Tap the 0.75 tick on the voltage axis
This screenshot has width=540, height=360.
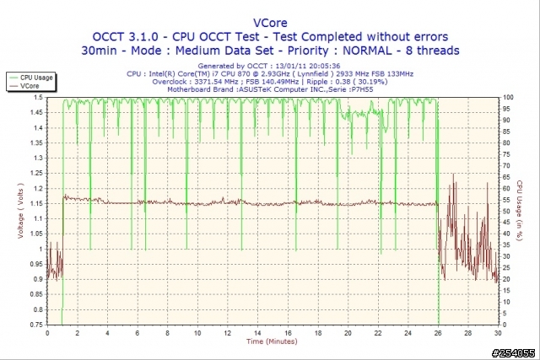coord(37,324)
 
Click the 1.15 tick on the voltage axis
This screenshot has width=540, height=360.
coord(37,203)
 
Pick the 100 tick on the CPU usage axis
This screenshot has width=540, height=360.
coord(507,98)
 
